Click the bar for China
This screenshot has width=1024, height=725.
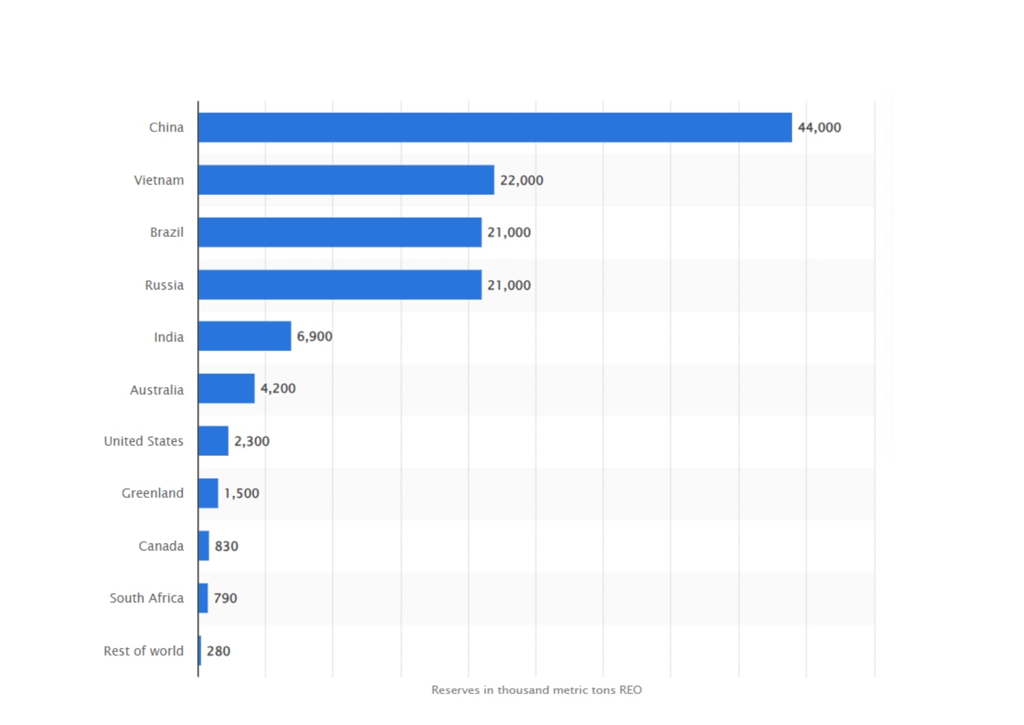[x=495, y=127]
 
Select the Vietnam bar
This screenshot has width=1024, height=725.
[x=346, y=180]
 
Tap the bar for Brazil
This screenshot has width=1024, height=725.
[x=340, y=232]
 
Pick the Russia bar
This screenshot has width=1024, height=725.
[x=340, y=285]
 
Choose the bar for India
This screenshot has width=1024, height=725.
[x=244, y=336]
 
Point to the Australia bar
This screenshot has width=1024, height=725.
[x=226, y=388]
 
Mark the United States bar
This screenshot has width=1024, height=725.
[x=213, y=441]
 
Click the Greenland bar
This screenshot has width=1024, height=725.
[x=208, y=493]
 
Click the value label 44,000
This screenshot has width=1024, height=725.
[x=819, y=127]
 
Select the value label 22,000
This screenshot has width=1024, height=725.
[x=522, y=180]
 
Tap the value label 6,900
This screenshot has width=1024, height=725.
[x=314, y=336]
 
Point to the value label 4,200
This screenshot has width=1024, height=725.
[x=278, y=388]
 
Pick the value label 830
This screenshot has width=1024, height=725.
[x=226, y=546]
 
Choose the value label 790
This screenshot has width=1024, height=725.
[x=225, y=598]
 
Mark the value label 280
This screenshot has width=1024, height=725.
[x=218, y=651]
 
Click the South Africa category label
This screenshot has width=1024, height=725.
[x=146, y=598]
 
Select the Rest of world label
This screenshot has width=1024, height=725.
[x=144, y=651]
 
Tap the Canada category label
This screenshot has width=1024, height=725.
[x=161, y=546]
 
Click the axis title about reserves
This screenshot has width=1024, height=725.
[x=536, y=690]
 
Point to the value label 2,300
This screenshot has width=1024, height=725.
[x=251, y=441]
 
